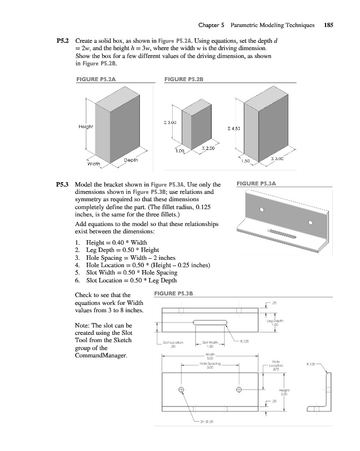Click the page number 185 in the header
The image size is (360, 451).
click(x=330, y=25)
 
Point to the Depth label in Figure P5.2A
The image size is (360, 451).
click(x=130, y=160)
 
